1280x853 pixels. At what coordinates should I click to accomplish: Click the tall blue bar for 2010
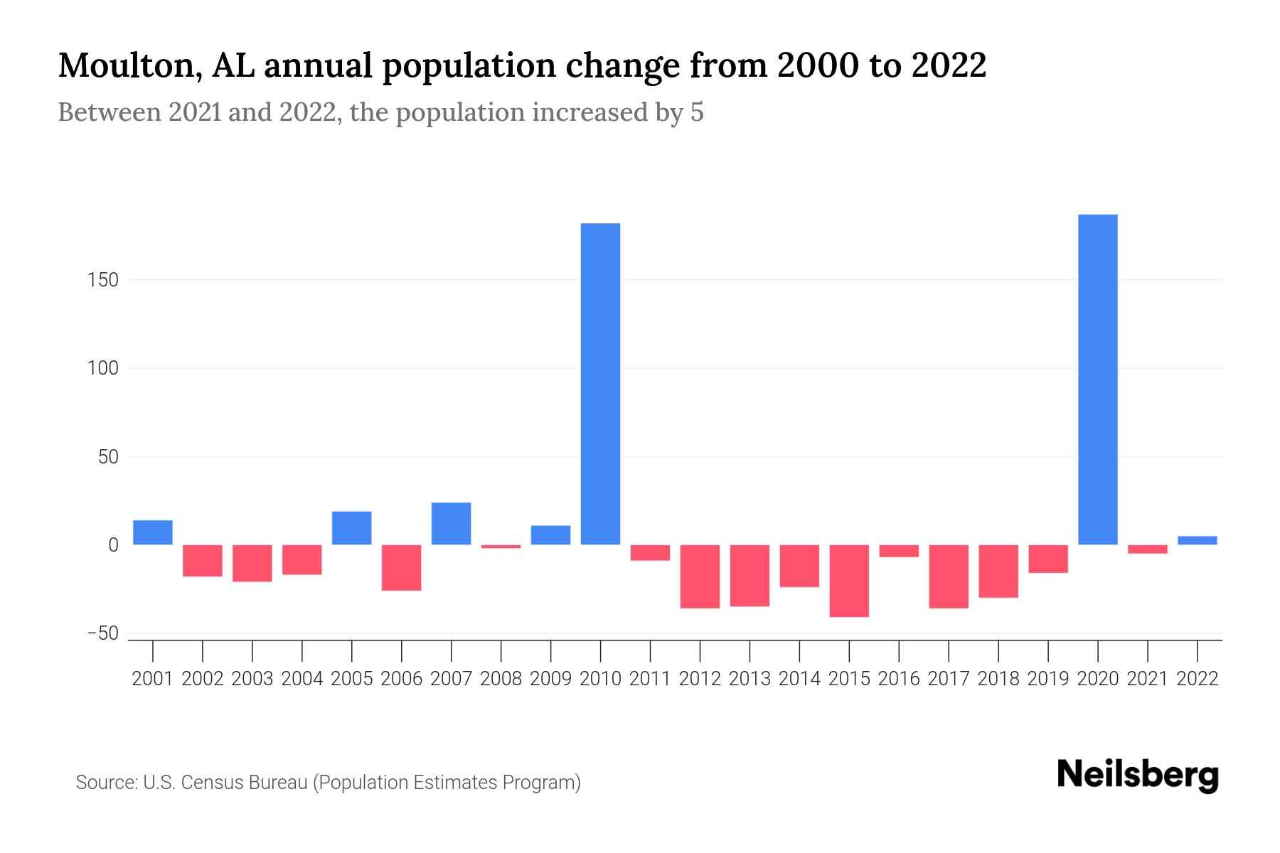[600, 384]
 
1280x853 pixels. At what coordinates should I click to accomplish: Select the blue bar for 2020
[1097, 380]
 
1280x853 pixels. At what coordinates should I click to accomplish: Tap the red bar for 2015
[849, 581]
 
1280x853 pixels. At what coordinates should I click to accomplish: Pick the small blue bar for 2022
[1197, 540]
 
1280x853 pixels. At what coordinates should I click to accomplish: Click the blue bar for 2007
[451, 523]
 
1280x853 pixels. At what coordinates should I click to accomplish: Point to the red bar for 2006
[401, 567]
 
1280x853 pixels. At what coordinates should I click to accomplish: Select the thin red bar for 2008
[501, 546]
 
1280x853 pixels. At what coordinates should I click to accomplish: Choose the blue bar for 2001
[153, 532]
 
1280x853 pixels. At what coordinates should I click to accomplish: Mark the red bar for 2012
[700, 576]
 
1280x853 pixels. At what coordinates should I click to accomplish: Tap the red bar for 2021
[1147, 549]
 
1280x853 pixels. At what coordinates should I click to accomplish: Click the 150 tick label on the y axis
[103, 280]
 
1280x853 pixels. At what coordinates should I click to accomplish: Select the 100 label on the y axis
[103, 368]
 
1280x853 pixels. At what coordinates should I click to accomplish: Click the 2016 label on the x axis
[899, 679]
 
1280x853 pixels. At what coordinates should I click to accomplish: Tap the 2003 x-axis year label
[252, 679]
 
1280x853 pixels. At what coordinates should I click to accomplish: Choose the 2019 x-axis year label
[1047, 679]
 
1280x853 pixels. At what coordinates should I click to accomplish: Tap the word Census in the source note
[210, 783]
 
